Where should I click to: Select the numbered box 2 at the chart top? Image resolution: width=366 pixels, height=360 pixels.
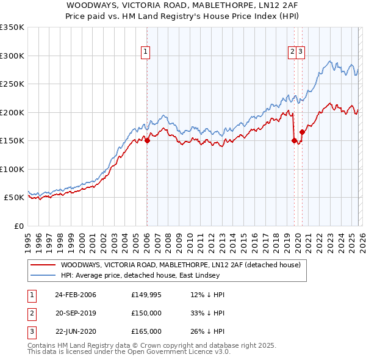coord(293,52)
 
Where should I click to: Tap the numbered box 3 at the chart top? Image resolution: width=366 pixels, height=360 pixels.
coord(301,52)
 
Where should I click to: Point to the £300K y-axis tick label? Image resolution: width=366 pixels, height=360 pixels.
coord(12,56)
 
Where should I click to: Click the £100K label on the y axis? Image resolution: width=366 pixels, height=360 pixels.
coord(12,169)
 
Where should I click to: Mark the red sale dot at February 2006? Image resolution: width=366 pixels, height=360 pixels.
coord(147,140)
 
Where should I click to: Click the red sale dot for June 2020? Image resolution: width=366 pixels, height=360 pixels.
coord(302,132)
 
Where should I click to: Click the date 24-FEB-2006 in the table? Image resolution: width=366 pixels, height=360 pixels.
coord(75,295)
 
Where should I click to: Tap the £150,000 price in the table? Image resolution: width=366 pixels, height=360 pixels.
coord(146,313)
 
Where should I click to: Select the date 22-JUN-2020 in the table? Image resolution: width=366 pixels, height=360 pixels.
coord(75,331)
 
